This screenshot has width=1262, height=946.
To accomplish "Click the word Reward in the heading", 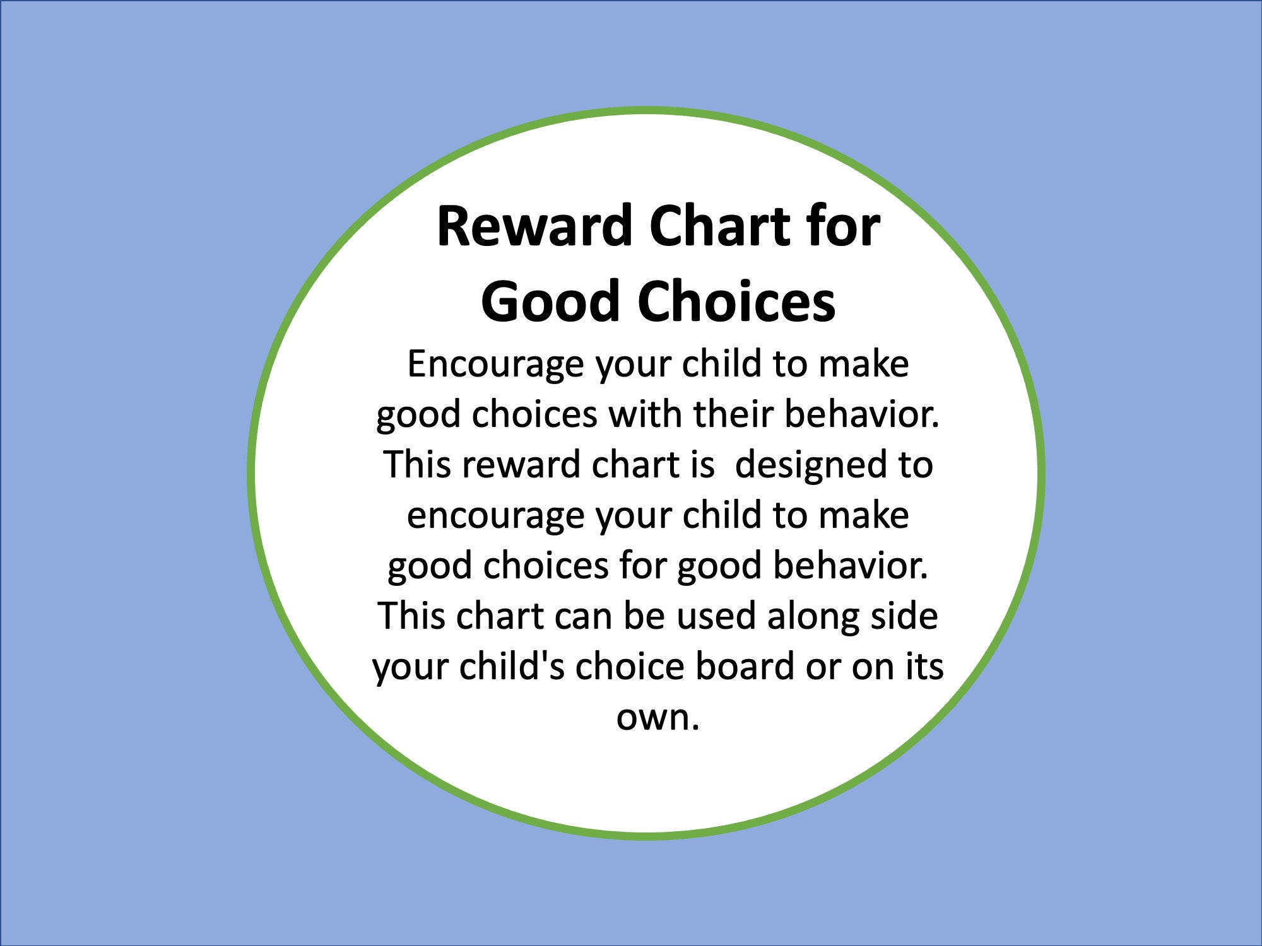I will (534, 227).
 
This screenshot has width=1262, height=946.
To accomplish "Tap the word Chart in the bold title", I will (719, 227).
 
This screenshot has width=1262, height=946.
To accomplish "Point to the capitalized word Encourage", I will (495, 365).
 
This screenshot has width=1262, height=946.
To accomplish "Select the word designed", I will (809, 465).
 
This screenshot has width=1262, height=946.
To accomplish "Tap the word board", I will (745, 667).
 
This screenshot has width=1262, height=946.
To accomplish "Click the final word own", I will (656, 718).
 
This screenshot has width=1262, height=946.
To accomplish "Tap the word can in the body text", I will (582, 616).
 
